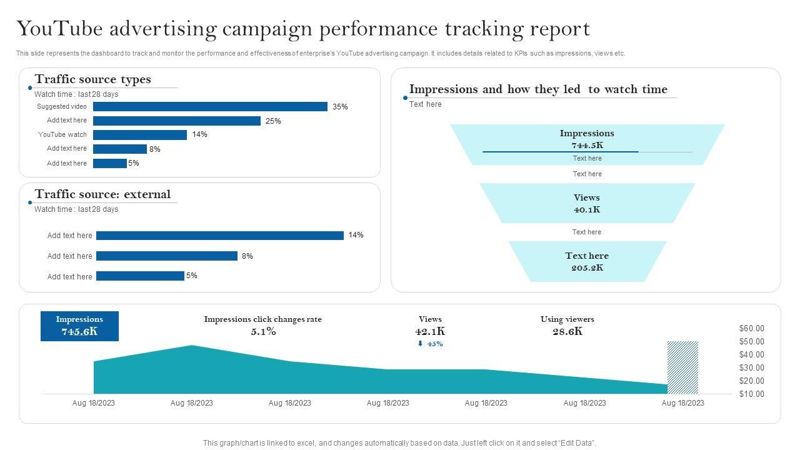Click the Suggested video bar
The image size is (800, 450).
(x=210, y=107)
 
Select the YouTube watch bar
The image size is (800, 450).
(x=140, y=135)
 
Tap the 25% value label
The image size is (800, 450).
(x=273, y=121)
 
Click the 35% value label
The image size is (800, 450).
(x=340, y=107)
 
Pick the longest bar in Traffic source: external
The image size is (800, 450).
(x=220, y=236)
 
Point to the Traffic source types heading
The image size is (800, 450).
(x=92, y=79)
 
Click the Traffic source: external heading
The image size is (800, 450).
(x=102, y=194)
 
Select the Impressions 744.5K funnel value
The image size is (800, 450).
(x=587, y=145)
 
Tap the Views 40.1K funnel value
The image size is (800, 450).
(x=587, y=209)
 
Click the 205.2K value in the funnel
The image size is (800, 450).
(x=587, y=267)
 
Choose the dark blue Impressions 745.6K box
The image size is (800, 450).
(x=79, y=326)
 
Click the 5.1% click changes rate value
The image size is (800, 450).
(x=263, y=331)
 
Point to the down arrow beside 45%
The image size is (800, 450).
(x=420, y=344)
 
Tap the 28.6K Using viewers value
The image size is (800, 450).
(x=567, y=331)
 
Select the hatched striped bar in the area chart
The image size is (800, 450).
(x=682, y=367)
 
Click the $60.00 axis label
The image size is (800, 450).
(x=751, y=329)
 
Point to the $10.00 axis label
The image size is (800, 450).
(x=751, y=394)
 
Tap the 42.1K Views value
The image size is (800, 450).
(x=430, y=331)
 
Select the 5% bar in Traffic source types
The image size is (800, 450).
(x=110, y=164)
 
